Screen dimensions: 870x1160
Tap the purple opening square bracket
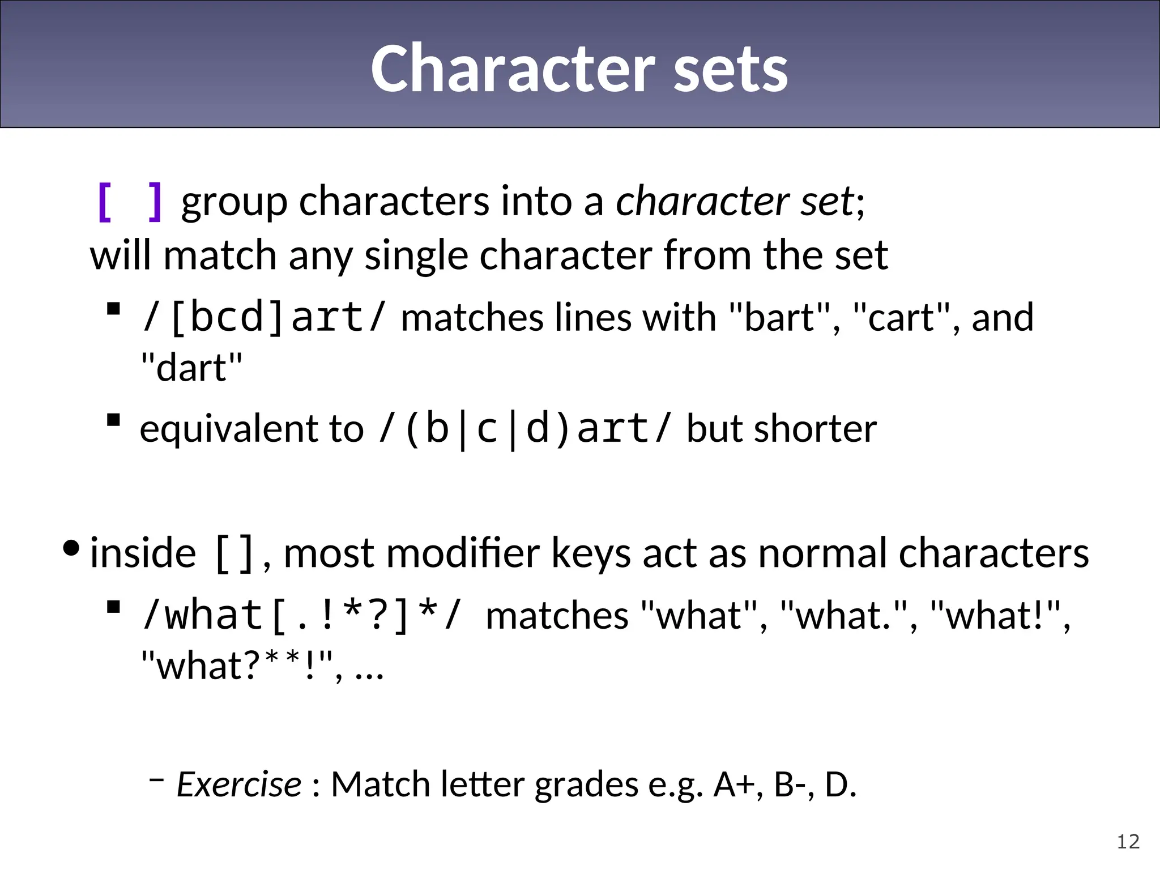(x=105, y=202)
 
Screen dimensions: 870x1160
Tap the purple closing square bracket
(x=155, y=202)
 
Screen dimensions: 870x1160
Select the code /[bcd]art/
(x=264, y=317)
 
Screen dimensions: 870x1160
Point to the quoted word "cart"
(x=902, y=317)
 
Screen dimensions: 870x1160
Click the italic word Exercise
(x=239, y=785)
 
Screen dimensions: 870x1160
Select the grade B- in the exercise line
(x=792, y=785)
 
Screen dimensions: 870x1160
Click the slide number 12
(x=1128, y=842)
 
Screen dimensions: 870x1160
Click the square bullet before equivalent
(x=114, y=420)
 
